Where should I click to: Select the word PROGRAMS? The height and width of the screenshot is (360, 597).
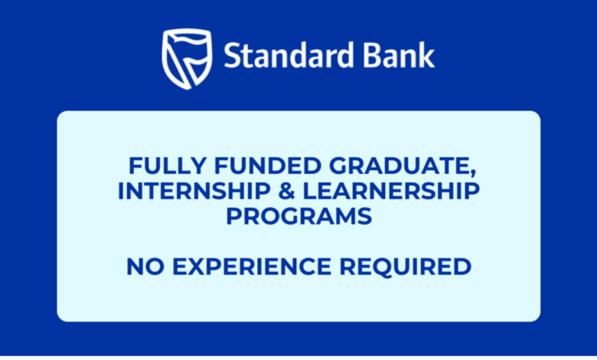[x=298, y=216]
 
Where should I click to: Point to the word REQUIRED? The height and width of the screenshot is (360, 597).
[x=403, y=267]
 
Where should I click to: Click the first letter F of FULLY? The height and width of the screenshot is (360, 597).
[x=133, y=165]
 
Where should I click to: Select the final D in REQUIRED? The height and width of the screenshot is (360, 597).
[x=462, y=267]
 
